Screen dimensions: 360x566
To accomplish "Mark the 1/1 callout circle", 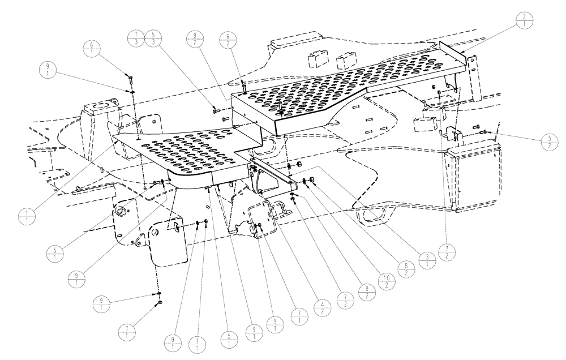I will (x=28, y=216).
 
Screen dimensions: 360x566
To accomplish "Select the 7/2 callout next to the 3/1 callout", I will (x=448, y=252).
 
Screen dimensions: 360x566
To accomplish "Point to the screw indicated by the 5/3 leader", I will (x=215, y=112).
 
